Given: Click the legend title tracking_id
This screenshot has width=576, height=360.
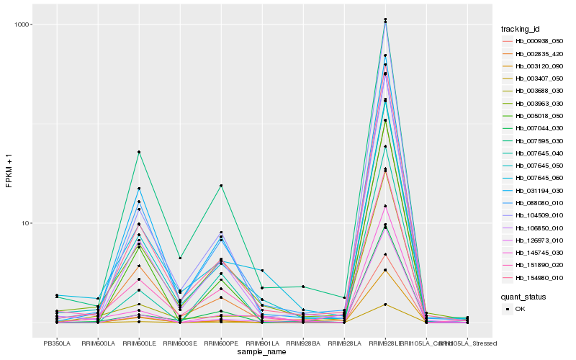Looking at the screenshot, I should click(521, 29).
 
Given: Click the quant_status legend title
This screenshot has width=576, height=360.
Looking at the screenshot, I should click(523, 296).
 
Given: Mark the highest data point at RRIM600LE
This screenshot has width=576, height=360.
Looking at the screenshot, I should click(139, 152).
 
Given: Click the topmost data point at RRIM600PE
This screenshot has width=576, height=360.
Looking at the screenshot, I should click(221, 186).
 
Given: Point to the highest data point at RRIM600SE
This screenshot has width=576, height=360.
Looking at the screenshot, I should click(180, 258).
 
